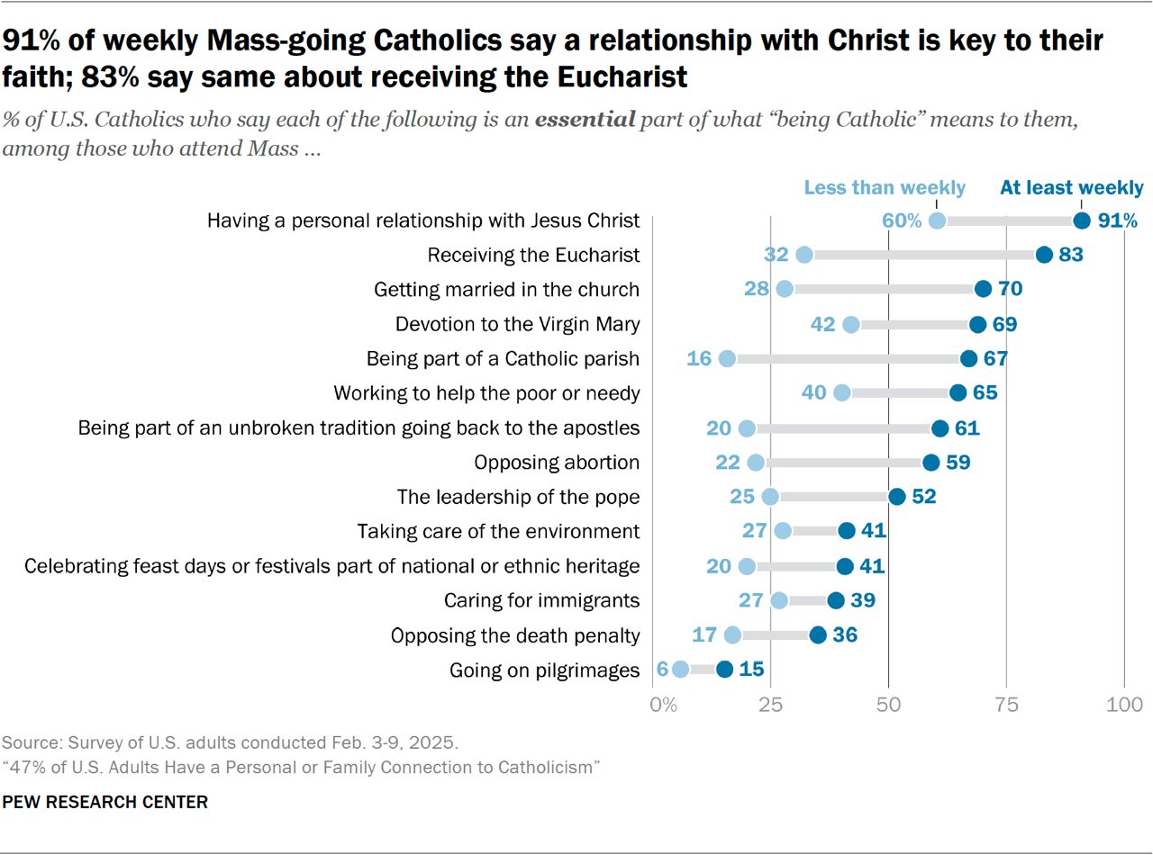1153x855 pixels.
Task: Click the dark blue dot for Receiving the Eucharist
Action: pyautogui.click(x=1044, y=255)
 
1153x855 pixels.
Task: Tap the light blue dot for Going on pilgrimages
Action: pyautogui.click(x=680, y=669)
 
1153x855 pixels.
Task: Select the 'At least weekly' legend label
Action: pyautogui.click(x=1071, y=188)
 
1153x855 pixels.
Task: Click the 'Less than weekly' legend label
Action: pyautogui.click(x=884, y=188)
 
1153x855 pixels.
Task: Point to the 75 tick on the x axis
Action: pyautogui.click(x=1006, y=704)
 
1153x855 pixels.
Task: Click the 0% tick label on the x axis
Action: pyautogui.click(x=663, y=704)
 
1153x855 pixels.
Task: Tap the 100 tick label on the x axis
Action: pyautogui.click(x=1123, y=704)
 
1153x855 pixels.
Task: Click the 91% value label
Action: pyautogui.click(x=1118, y=220)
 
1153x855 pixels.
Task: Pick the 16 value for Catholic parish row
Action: pyautogui.click(x=699, y=358)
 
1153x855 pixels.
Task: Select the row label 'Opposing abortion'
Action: pyautogui.click(x=557, y=463)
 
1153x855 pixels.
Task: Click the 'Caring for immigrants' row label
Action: pyautogui.click(x=541, y=600)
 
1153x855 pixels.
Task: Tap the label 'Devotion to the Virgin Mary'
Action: pyautogui.click(x=517, y=324)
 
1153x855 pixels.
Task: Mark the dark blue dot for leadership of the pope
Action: pyautogui.click(x=896, y=497)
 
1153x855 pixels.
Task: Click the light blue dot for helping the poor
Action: pyautogui.click(x=842, y=393)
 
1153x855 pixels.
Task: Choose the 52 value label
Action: pyautogui.click(x=923, y=497)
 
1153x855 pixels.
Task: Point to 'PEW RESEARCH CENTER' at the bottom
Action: pyautogui.click(x=105, y=802)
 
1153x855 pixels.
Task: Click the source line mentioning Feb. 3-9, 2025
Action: pyautogui.click(x=231, y=743)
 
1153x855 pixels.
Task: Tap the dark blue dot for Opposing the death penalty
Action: pyautogui.click(x=817, y=635)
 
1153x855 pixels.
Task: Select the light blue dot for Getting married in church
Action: pyautogui.click(x=785, y=289)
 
